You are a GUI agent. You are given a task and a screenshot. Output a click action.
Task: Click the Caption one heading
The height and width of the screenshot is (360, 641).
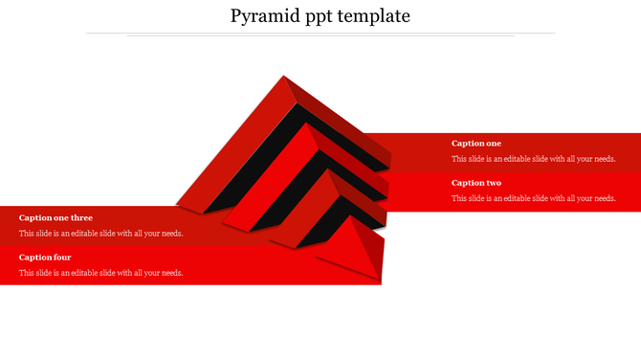[475, 144]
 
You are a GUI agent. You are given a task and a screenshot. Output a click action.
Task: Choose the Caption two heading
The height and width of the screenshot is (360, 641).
[475, 183]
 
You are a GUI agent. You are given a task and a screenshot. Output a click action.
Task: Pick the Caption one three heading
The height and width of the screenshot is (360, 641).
[55, 217]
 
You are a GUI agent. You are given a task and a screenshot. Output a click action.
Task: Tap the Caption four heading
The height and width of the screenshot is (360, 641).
[45, 257]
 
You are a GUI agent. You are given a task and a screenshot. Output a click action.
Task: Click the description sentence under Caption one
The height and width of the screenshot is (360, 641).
[533, 159]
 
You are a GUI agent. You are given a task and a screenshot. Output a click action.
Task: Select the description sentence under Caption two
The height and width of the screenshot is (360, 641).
[533, 198]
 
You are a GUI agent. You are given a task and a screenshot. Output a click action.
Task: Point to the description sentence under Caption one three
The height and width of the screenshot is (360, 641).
[100, 233]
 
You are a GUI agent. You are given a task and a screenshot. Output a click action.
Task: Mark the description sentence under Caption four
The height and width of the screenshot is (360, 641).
[100, 273]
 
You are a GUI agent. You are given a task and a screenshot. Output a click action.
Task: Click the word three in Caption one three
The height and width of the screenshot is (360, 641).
[81, 217]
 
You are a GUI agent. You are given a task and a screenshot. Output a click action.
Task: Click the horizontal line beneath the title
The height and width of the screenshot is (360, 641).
[320, 34]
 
